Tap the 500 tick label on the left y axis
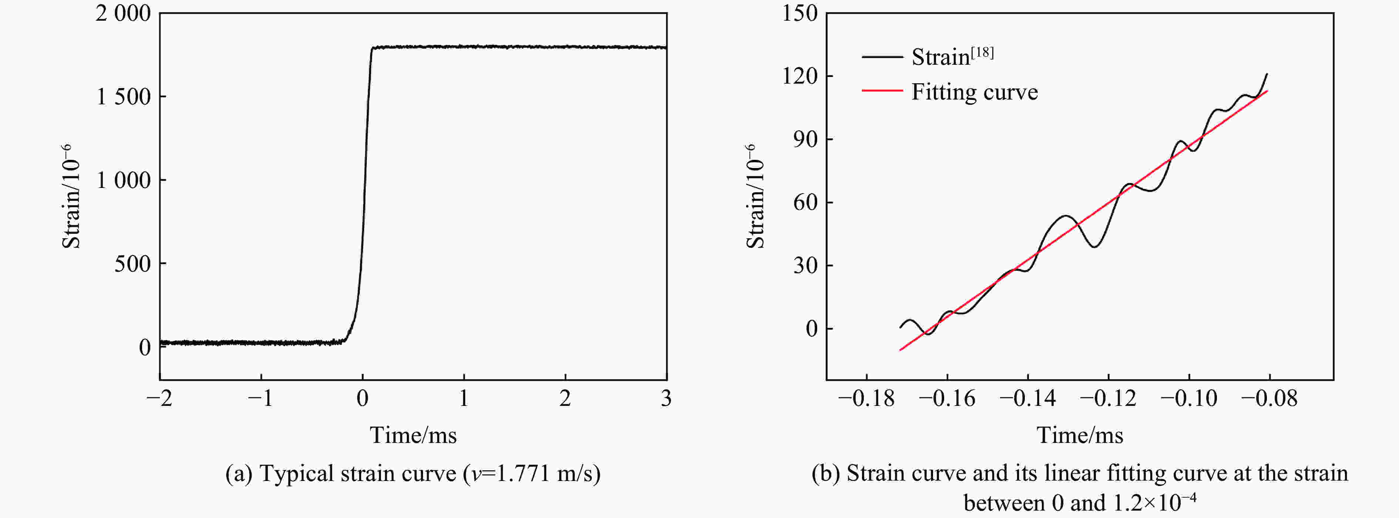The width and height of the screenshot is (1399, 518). tap(132, 264)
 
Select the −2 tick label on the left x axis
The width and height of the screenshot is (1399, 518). tap(159, 398)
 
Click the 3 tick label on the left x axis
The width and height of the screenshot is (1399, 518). tap(666, 398)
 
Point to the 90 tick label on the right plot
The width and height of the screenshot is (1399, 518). tap(805, 139)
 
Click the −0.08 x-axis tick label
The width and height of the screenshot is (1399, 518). tap(1269, 398)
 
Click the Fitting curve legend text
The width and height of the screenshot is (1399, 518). tap(974, 92)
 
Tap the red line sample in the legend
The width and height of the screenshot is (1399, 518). tap(882, 91)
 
